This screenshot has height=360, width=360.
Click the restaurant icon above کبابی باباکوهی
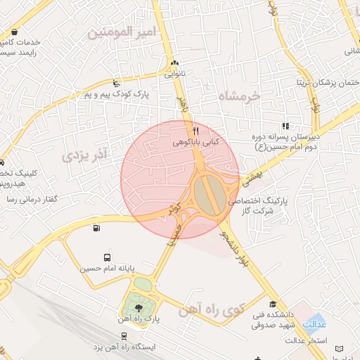click(x=196, y=131)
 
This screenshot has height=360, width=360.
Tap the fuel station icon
click(x=96, y=227)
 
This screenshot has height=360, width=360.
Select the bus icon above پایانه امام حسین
click(x=107, y=257)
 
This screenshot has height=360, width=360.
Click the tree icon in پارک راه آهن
click(x=138, y=307)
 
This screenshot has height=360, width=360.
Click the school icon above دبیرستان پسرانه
click(x=285, y=126)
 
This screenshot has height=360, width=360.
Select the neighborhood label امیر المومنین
click(x=117, y=32)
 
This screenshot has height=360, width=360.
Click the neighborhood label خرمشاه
click(x=238, y=96)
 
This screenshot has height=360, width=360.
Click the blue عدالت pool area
click(x=314, y=323)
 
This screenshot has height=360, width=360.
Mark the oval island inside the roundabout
click(x=206, y=195)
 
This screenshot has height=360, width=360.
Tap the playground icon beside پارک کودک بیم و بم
click(x=116, y=82)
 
